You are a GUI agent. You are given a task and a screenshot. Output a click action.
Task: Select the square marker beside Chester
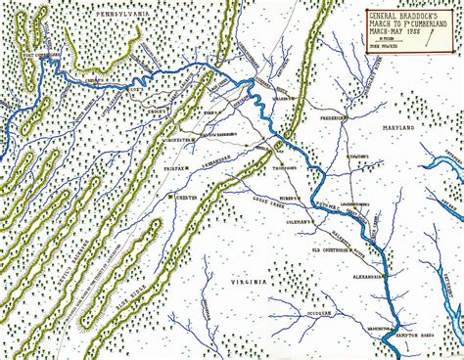point(170,197)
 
